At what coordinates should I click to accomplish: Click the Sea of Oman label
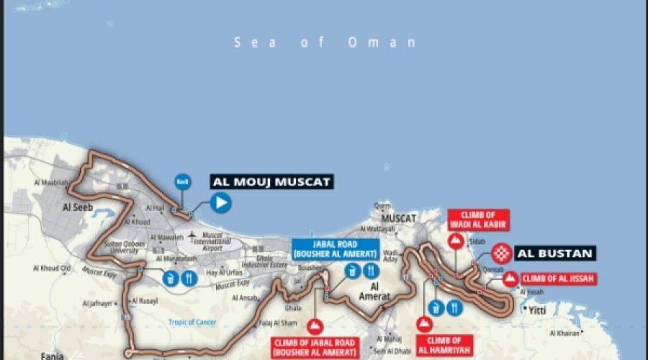pos(325,42)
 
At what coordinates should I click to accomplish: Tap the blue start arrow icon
pos(220,203)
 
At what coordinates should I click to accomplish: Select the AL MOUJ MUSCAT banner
pos(271,182)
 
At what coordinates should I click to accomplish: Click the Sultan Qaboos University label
pos(124,248)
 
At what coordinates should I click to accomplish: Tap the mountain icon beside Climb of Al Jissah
pos(510,279)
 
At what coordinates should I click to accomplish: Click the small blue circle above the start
pos(183,182)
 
